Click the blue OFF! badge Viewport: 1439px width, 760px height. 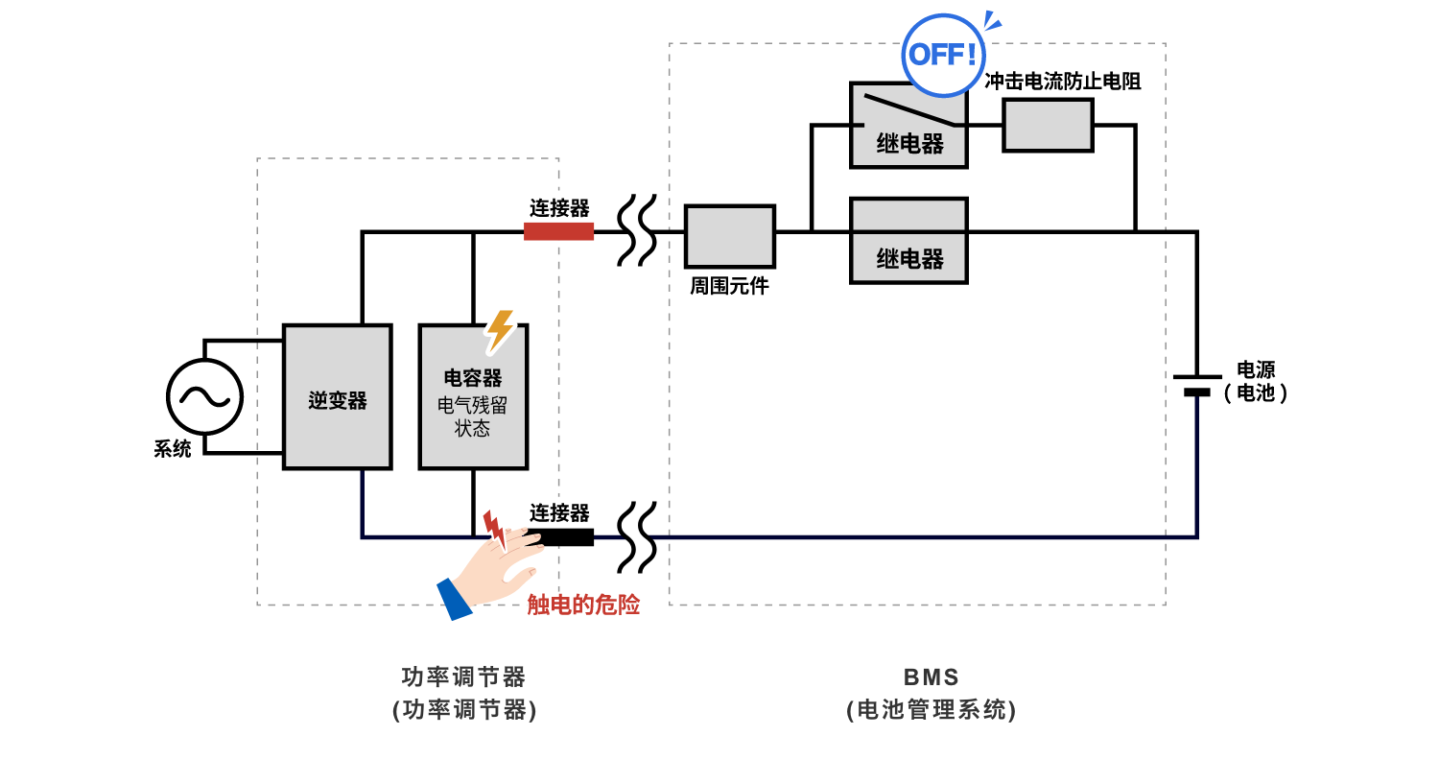943,55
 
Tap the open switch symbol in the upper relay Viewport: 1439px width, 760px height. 909,110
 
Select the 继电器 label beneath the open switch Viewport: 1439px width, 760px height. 909,145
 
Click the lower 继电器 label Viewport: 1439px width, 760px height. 909,259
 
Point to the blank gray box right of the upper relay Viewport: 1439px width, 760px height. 1048,125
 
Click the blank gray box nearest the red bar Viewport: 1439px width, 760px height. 729,236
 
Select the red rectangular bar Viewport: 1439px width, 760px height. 558,231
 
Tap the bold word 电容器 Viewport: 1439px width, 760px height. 472,378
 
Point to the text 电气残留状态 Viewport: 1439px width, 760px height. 472,417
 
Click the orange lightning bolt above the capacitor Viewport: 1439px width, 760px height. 499,329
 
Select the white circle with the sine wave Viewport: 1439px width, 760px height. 204,397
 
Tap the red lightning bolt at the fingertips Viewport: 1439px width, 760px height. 493,528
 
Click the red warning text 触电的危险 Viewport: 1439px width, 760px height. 583,605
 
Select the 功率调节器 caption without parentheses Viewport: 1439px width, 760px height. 463,677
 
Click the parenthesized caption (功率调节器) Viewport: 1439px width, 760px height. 463,710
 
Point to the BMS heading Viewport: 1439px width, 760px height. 931,677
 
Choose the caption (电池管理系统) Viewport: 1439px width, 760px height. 931,710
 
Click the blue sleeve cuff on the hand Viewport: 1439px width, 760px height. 455,598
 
